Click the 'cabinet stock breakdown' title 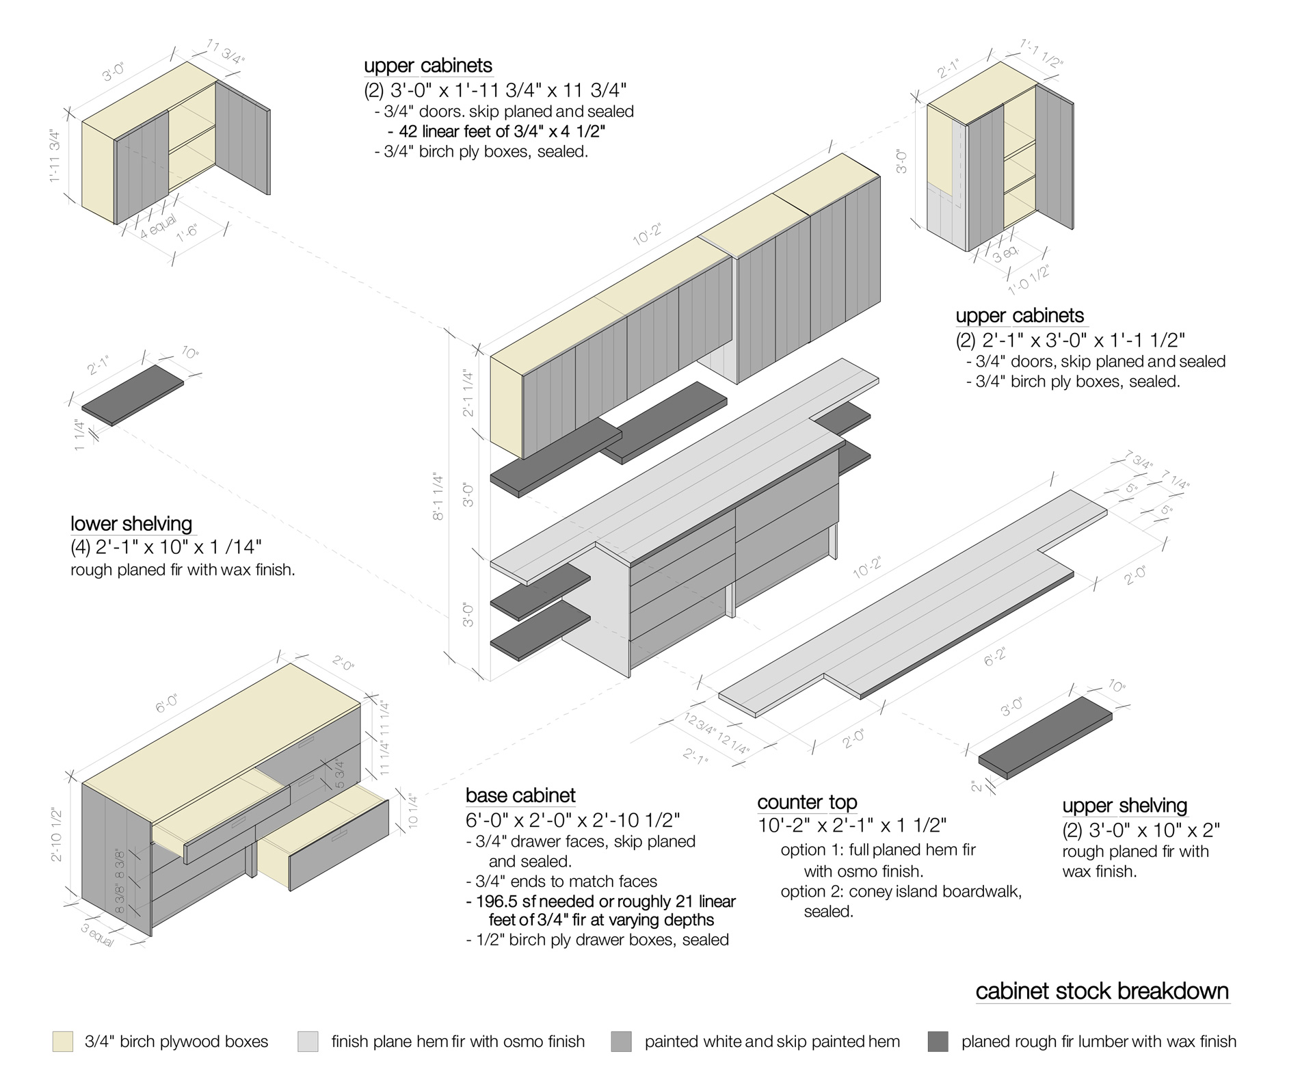[1102, 991]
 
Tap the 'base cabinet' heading [520, 795]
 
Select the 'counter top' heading [807, 802]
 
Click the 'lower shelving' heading [131, 524]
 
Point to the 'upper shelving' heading [1124, 806]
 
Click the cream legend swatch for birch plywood [62, 1042]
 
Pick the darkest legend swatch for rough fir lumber [938, 1042]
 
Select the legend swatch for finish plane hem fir [308, 1042]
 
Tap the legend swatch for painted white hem [622, 1042]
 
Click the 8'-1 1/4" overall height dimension [438, 497]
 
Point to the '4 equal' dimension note [158, 226]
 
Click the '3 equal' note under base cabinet [97, 935]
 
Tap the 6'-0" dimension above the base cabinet [167, 704]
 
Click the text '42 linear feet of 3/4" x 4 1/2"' [496, 131]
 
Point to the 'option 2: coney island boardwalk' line [901, 892]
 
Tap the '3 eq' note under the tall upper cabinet [1006, 255]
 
